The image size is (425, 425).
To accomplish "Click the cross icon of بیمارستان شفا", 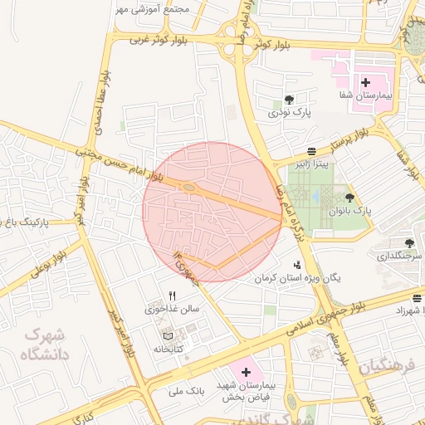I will (365, 82).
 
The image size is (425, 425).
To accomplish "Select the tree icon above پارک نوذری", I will (288, 99).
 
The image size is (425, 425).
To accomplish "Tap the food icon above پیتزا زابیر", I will (310, 151).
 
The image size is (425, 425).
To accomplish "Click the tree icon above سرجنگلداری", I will (408, 242).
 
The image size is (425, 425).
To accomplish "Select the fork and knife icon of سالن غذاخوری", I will (173, 295).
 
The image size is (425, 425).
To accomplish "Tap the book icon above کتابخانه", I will (169, 335).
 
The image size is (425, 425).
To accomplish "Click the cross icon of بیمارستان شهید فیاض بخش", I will (245, 373).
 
